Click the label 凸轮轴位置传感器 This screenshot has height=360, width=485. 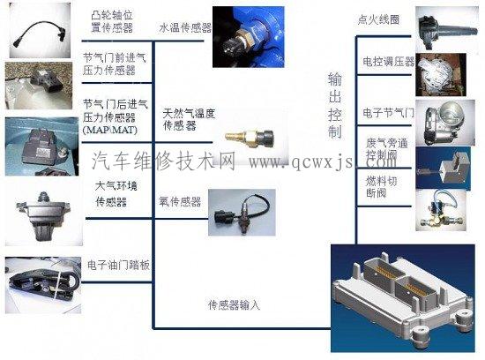pos(112,22)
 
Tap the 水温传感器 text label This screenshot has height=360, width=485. pos(184,27)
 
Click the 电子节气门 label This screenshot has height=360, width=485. pos(388,114)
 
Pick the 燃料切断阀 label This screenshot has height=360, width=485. pos(382,187)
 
